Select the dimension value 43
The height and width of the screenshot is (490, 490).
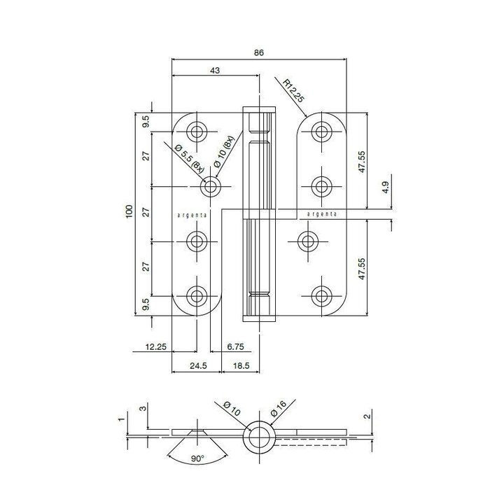click(x=215, y=71)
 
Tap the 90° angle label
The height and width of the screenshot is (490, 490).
click(x=197, y=460)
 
